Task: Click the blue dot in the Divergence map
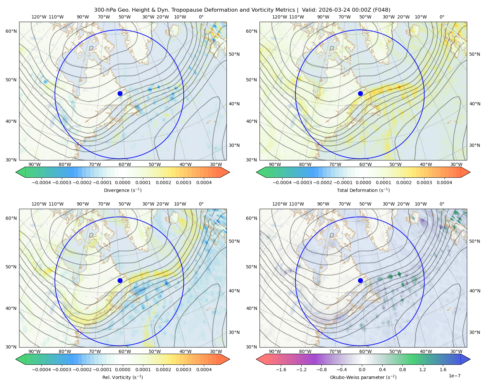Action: tap(120, 93)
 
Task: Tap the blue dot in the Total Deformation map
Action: tap(360, 93)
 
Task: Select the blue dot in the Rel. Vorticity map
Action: tap(120, 280)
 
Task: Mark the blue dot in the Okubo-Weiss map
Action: tap(360, 280)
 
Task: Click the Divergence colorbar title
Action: tap(122, 190)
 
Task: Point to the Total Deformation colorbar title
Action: tap(363, 190)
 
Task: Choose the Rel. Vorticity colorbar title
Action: tap(122, 377)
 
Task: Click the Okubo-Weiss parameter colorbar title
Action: tap(363, 377)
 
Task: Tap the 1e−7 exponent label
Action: tap(454, 376)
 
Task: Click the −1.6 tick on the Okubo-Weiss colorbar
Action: tap(281, 370)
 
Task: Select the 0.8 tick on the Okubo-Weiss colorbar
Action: tap(402, 370)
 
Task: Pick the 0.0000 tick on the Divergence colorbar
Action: tap(122, 183)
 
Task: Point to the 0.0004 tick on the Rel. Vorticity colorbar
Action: tap(204, 370)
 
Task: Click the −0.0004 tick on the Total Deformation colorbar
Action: tap(282, 183)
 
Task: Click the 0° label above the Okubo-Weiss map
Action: tap(442, 204)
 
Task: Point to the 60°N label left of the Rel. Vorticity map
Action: tap(11, 218)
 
